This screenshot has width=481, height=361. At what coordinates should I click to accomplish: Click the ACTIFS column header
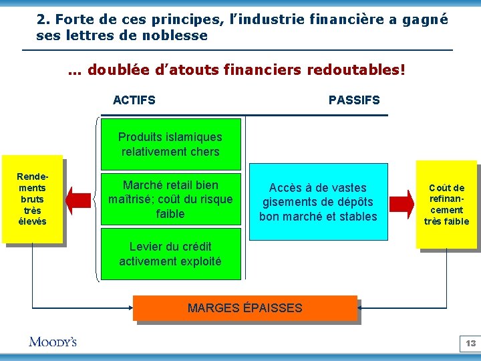point(134,100)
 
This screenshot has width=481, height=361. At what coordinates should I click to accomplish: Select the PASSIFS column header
point(354,100)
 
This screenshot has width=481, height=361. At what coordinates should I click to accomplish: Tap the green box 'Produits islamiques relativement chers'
point(170,144)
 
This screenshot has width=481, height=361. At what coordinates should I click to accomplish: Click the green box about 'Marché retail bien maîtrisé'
point(170,199)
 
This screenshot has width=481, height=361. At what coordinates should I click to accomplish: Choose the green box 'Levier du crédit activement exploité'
point(170,254)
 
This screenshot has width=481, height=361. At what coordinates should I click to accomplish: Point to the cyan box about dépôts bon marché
point(318,202)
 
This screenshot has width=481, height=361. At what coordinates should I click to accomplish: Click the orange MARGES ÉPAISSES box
point(245,308)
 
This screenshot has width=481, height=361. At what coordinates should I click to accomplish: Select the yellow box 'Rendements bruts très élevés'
point(32,199)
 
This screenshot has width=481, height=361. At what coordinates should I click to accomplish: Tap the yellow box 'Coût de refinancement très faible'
point(446,205)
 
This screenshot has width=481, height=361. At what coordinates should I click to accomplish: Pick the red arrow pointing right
point(402,201)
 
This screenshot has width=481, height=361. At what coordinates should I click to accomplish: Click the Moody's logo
point(53,342)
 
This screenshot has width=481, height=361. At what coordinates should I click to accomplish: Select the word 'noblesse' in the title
point(180,35)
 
